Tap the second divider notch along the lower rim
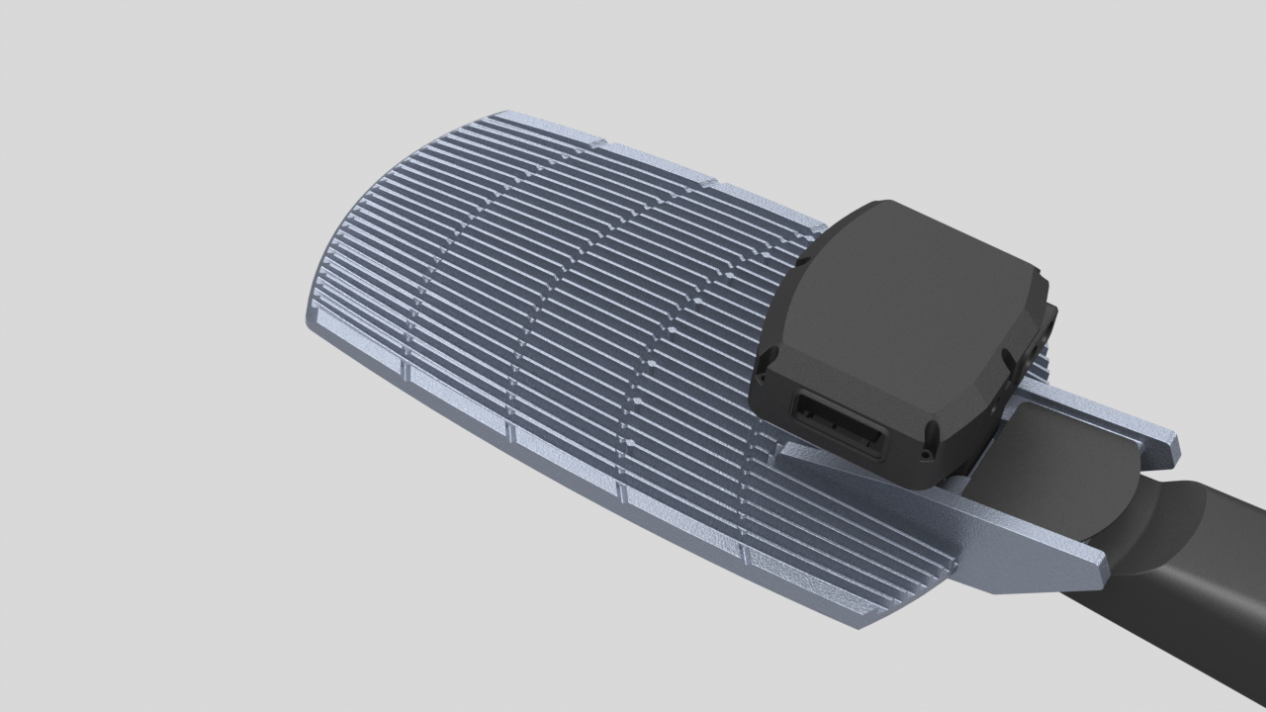pyautogui.click(x=510, y=432)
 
